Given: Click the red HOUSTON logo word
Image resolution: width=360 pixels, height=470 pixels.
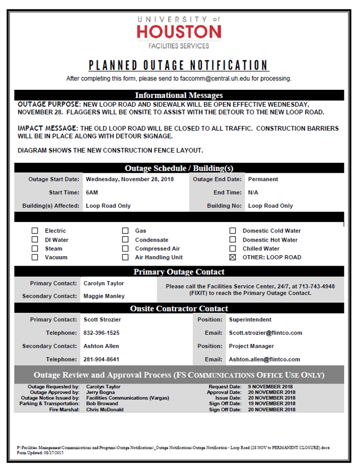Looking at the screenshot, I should pos(179,32).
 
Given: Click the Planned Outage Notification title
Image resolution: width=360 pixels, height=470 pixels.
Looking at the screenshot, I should pos(179,65).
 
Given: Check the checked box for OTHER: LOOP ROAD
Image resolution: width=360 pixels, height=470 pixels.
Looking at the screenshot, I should pos(232,257).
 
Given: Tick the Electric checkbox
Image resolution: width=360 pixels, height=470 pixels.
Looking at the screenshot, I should pos(35,231).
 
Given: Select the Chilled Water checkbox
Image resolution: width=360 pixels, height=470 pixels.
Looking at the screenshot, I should pos(232,249).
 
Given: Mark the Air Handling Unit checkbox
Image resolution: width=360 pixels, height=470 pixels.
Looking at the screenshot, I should pos(126,257).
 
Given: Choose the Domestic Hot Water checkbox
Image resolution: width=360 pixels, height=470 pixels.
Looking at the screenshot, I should pos(232,240).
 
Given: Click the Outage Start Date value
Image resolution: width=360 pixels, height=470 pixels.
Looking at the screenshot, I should pos(130,179).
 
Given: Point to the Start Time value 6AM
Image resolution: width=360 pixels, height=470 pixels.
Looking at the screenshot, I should pos(92,192).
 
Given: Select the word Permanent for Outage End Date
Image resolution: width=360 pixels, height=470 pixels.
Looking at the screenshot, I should pos(263,179).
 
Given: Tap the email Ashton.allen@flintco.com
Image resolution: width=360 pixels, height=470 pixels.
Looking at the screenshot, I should pos(264,360).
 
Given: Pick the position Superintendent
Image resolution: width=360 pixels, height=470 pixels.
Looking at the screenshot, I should pos(250,319).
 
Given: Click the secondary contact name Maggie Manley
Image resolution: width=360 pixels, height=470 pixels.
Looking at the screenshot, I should pos(104,296).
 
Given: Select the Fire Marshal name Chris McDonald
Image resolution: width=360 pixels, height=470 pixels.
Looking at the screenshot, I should pos(104,409).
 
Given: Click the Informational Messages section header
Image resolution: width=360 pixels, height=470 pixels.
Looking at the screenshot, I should pos(179,95).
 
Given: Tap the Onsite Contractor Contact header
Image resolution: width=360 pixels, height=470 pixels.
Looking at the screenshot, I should pos(179,308).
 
